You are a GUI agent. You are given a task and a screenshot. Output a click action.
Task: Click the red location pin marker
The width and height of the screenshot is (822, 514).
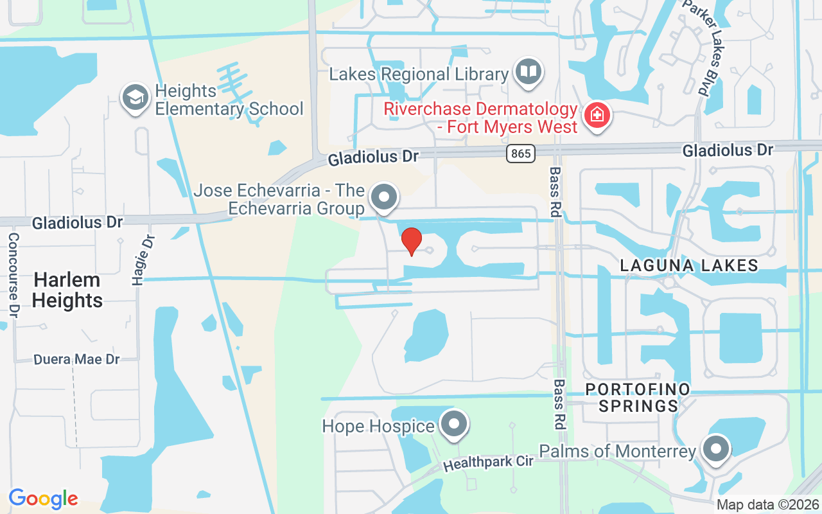[x=411, y=242]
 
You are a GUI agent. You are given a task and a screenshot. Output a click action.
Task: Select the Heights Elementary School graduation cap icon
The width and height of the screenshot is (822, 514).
[x=136, y=98]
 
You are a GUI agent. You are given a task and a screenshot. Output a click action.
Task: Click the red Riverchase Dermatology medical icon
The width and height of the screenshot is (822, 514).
[x=597, y=116]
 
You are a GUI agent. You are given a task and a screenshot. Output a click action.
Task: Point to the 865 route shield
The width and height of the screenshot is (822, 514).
[x=520, y=154]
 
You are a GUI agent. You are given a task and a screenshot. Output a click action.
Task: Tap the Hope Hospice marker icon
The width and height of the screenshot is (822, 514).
[x=455, y=424]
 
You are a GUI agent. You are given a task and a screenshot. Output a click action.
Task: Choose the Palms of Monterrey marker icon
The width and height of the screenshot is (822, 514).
[x=715, y=449]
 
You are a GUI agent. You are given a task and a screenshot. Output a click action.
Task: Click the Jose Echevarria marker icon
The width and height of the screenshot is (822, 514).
[x=385, y=197]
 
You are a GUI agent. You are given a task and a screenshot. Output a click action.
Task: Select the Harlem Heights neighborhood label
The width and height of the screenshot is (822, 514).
[x=67, y=290]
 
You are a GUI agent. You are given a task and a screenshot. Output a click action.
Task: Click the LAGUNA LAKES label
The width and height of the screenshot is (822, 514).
[x=689, y=265]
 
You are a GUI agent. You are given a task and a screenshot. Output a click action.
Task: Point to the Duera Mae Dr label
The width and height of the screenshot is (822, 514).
[x=76, y=359]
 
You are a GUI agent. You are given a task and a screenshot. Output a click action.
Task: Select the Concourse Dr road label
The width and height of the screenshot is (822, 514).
[x=13, y=275]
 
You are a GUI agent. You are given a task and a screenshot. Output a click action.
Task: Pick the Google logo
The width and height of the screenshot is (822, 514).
[x=43, y=499]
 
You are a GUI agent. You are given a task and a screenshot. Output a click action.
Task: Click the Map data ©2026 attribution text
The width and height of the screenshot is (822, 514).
[x=768, y=505]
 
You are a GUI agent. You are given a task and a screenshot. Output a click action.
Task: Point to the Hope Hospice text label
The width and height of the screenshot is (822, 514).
[x=378, y=426]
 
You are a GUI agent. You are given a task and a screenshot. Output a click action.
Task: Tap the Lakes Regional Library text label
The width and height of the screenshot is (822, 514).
[x=419, y=74]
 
